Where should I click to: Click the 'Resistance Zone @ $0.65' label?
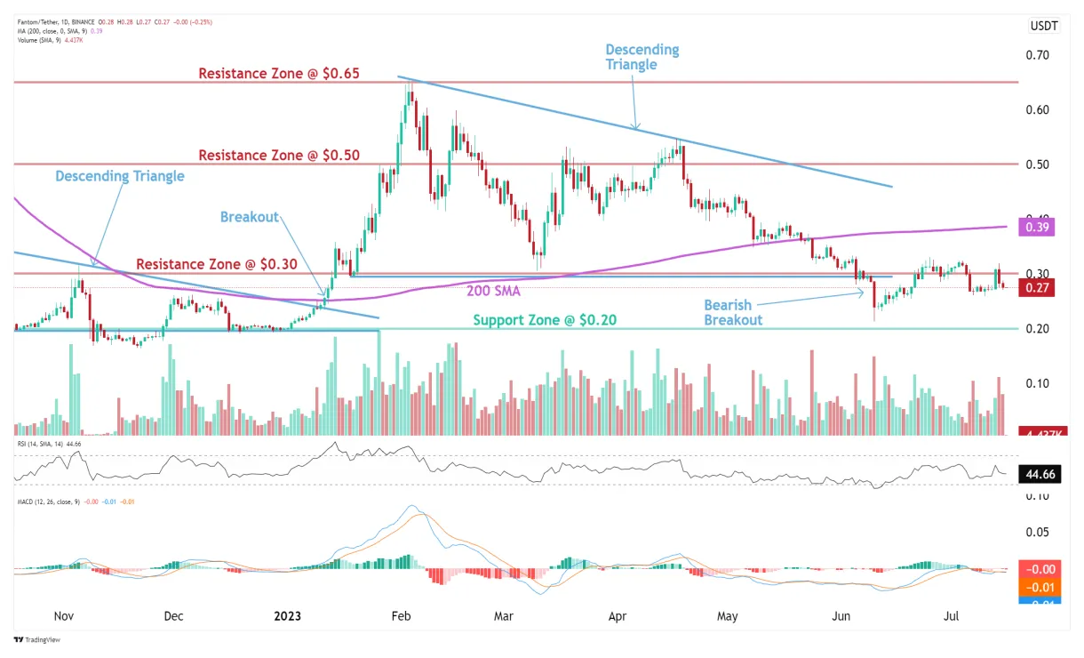coord(278,73)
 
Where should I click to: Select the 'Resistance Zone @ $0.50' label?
coord(278,155)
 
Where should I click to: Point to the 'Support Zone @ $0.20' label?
coord(546,320)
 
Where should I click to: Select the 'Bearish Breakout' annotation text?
coord(733,312)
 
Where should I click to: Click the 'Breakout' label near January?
coord(250,217)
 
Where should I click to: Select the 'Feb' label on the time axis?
coord(402,616)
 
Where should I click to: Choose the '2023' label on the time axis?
coord(288,616)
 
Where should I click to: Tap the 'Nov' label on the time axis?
coord(62,616)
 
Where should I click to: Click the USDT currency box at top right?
coord(1043,26)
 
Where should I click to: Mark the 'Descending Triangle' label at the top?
coord(642,57)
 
